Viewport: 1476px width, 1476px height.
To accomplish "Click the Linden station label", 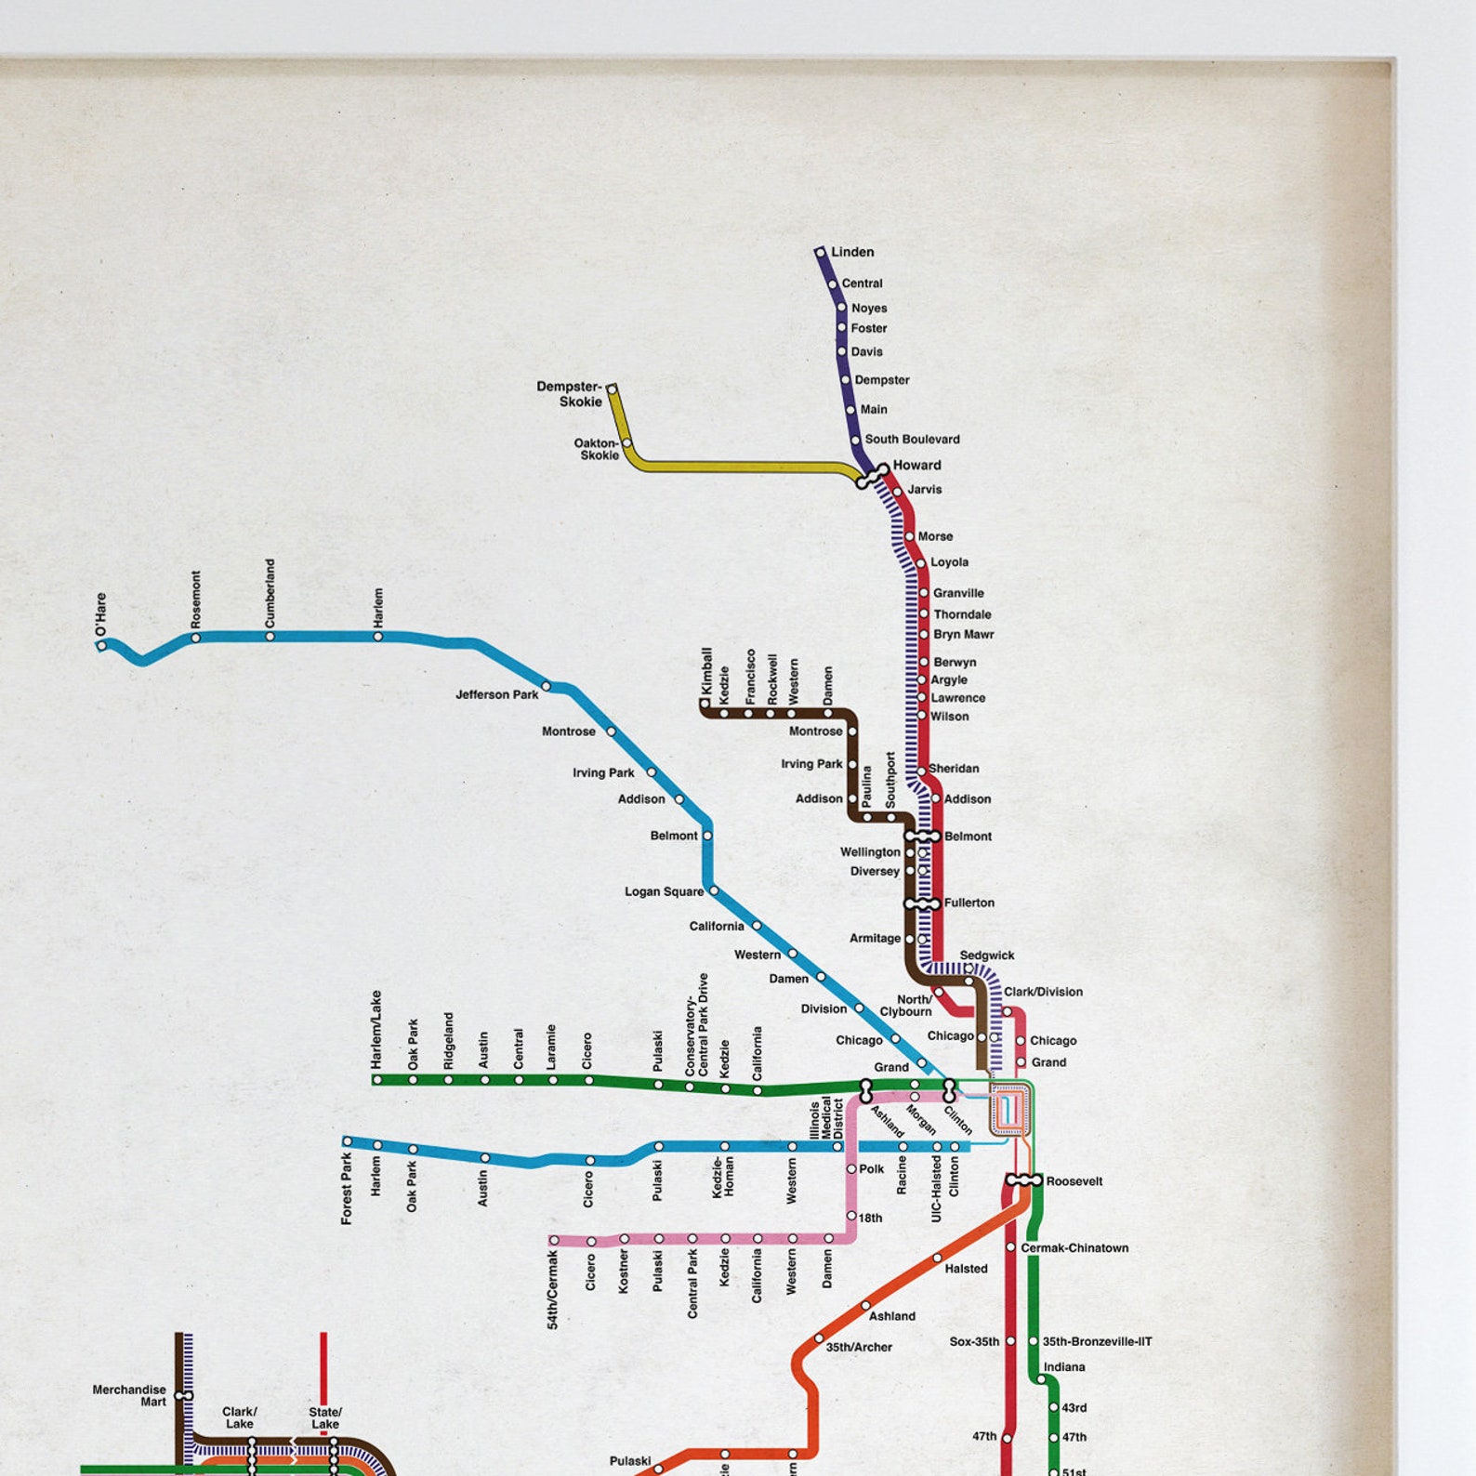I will pos(852,252).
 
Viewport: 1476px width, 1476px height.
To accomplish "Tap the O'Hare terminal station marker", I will pos(101,645).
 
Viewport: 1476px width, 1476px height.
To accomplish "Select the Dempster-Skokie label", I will pos(569,394).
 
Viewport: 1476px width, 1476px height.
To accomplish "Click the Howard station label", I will pos(916,465).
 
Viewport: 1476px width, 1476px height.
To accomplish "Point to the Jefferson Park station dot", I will pos(546,686).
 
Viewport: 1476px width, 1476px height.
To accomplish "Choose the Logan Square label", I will pos(664,891).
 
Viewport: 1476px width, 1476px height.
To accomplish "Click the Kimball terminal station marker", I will pos(705,704).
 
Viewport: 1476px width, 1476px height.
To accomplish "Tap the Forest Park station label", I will pos(347,1189).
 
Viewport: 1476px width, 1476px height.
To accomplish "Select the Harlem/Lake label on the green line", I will pos(376,1029).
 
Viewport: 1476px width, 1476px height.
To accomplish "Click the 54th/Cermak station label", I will pos(553,1290).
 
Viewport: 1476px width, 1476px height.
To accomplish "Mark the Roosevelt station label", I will pos(1074,1181).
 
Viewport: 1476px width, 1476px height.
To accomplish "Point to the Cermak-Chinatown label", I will pos(1074,1248).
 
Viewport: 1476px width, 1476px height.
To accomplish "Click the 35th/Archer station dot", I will pos(819,1338).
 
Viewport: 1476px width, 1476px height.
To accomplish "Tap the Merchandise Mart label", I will pos(129,1395).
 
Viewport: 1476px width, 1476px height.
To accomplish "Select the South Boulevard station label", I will pos(912,440).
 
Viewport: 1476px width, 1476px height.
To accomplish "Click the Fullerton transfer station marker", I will pos(922,903).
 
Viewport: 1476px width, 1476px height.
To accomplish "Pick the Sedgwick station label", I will pos(986,955).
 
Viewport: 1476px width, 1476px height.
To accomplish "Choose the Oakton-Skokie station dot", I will pos(626,443).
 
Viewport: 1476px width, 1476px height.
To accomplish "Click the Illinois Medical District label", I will pos(826,1119).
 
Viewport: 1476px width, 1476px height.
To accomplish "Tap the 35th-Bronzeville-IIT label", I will pos(1096,1342).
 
